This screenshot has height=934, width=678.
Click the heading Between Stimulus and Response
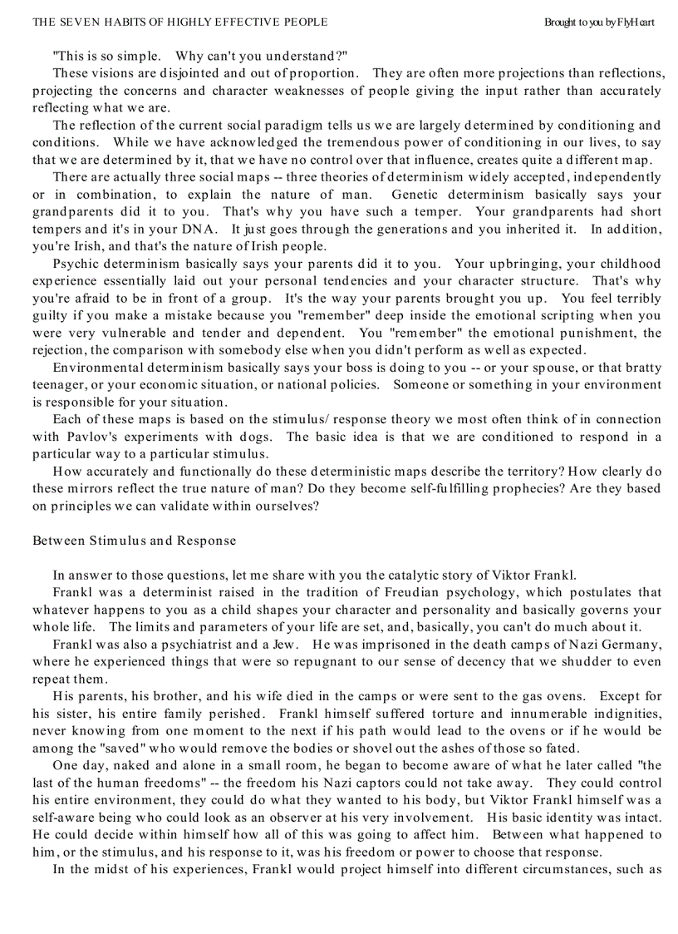click(134, 541)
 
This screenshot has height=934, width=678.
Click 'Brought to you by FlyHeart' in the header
click(599, 22)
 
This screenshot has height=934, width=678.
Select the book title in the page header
click(179, 22)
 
